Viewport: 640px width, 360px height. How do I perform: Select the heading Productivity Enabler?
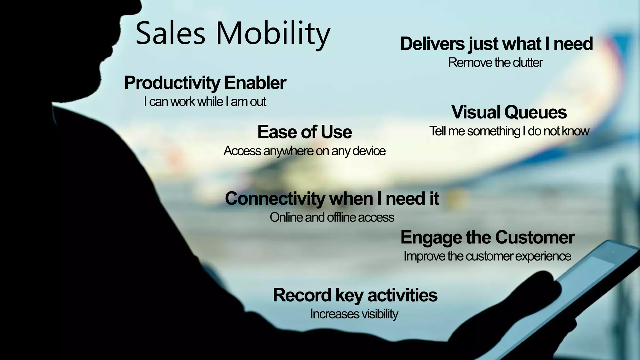coord(205,83)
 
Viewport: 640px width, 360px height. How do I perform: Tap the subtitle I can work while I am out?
coord(205,102)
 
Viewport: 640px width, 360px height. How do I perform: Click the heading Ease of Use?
coord(304,132)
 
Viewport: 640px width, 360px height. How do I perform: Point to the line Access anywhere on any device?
coord(304,151)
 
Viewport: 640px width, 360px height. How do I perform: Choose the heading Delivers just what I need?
coord(496,43)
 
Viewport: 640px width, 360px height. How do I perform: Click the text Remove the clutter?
coord(495,62)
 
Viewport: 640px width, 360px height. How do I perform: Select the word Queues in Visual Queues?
coord(535,112)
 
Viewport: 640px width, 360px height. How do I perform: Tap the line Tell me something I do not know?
coord(509,131)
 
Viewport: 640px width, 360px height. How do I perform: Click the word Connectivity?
coord(275,198)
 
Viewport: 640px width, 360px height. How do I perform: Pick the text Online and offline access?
coord(332,217)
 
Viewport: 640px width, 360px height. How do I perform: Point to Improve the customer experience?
coord(487,256)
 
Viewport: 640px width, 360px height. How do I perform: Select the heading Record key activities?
coord(355,295)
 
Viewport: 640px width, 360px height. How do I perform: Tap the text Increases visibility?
coord(354,314)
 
